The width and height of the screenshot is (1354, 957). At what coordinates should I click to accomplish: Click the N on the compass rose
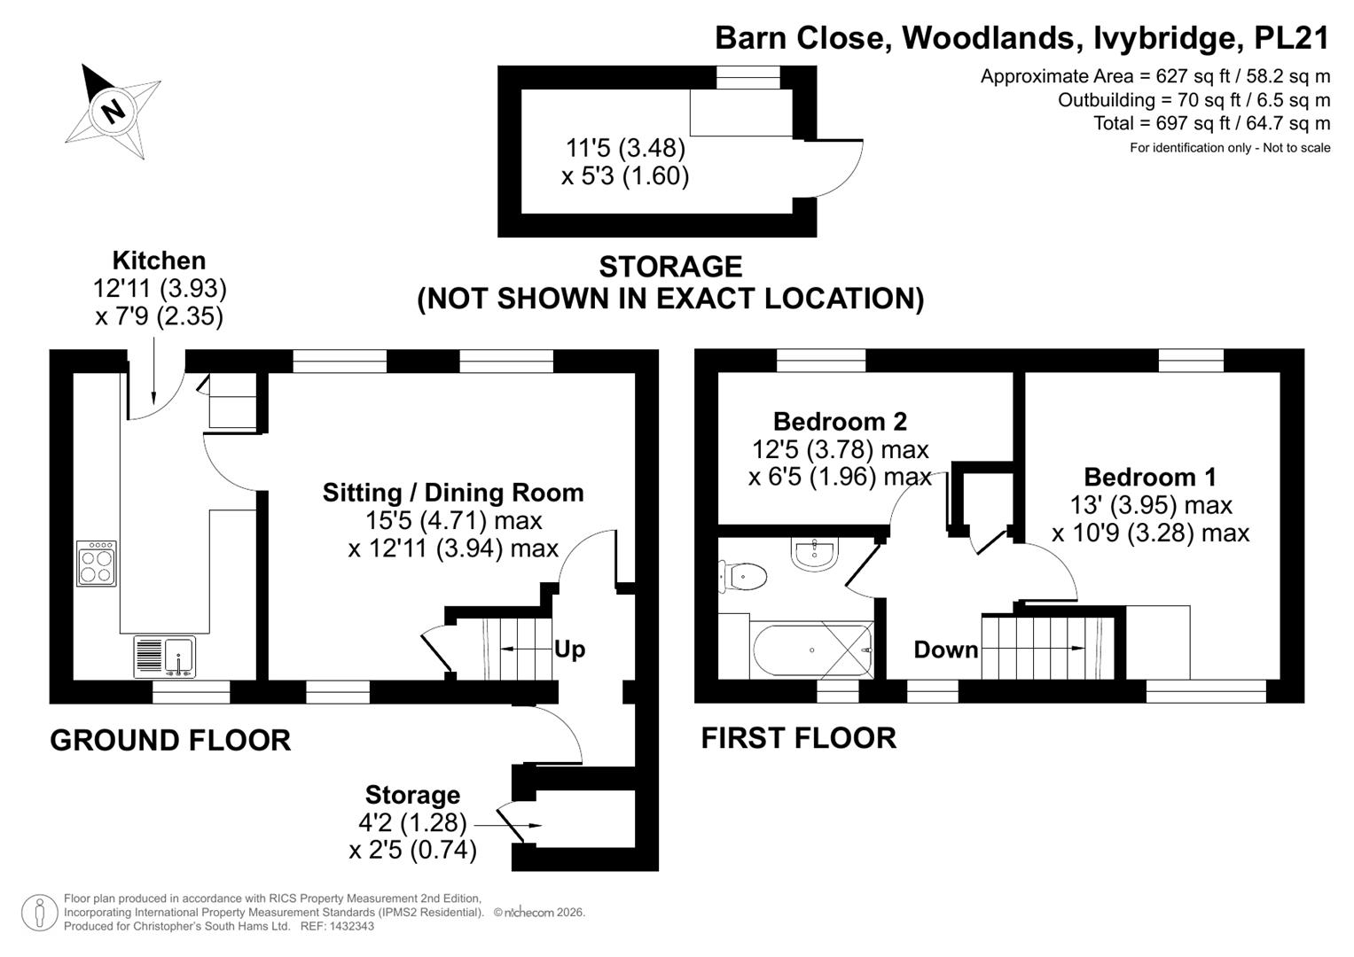point(113,111)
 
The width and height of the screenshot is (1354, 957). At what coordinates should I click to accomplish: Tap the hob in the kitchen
point(97,563)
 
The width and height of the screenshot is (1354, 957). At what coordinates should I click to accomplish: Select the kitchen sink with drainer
point(164,656)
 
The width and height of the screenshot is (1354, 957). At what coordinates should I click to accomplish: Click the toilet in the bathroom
point(742,576)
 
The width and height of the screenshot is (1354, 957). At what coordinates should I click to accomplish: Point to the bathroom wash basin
point(814,554)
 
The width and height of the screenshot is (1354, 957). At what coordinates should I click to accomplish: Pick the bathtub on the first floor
point(812,650)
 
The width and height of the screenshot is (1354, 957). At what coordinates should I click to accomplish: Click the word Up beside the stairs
point(570,650)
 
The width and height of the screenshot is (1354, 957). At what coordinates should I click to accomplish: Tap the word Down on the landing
point(945,650)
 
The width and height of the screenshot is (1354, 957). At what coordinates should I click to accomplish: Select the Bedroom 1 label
point(1150,477)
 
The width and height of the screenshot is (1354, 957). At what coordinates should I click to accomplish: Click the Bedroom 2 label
point(841,421)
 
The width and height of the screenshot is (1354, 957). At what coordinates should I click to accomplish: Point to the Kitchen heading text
point(159,261)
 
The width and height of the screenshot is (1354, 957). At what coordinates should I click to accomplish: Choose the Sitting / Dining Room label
point(453,493)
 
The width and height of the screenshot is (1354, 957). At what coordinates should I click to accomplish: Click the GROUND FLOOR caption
point(170,740)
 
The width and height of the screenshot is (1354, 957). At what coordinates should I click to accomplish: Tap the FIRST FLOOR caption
point(799,737)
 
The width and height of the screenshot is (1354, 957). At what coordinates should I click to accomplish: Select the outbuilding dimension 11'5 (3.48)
point(625,147)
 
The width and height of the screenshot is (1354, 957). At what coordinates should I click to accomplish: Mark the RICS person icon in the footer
point(40,913)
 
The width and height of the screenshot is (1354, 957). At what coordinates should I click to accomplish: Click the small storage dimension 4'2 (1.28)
point(413,822)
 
